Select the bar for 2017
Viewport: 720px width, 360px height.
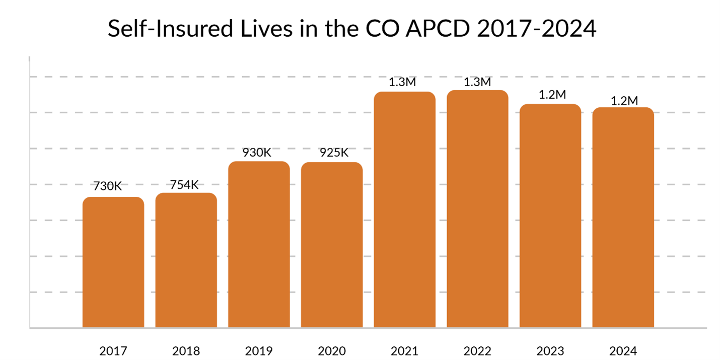pyautogui.click(x=113, y=262)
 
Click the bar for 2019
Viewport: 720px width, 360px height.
pyautogui.click(x=259, y=244)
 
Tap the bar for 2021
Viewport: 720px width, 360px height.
pyautogui.click(x=404, y=209)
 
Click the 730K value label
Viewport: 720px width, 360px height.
pyautogui.click(x=107, y=186)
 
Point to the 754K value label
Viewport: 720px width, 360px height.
pyautogui.click(x=184, y=184)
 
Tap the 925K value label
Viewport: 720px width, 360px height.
pyautogui.click(x=334, y=153)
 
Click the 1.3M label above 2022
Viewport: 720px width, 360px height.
pyautogui.click(x=476, y=82)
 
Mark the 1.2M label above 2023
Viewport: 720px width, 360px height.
pyautogui.click(x=552, y=95)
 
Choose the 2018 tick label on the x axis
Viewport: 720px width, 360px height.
pyautogui.click(x=186, y=351)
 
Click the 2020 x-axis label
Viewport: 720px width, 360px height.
pyautogui.click(x=332, y=351)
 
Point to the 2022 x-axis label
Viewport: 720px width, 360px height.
pyautogui.click(x=477, y=351)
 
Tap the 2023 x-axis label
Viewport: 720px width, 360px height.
pyautogui.click(x=550, y=351)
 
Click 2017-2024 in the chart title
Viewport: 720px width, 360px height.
pyautogui.click(x=536, y=30)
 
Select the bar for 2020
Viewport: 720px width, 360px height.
pyautogui.click(x=332, y=245)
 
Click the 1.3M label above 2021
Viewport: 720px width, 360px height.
pyautogui.click(x=402, y=82)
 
